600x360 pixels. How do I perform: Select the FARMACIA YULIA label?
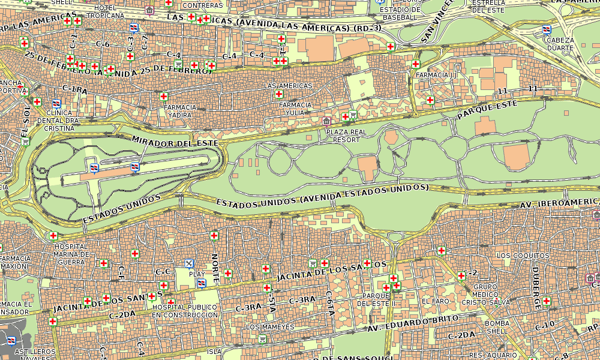[x=295, y=109]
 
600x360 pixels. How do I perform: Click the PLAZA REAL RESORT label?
[x=346, y=135]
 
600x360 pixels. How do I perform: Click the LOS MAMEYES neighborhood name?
[x=271, y=327]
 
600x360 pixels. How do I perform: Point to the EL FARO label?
[x=435, y=301]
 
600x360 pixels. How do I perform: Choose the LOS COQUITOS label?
[x=523, y=256]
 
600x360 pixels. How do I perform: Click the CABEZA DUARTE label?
[x=560, y=44]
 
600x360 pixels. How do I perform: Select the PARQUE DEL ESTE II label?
[x=376, y=299]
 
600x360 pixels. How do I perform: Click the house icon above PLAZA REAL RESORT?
[x=326, y=121]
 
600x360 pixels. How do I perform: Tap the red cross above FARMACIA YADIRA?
[x=163, y=96]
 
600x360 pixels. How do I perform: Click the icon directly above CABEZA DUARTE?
[x=547, y=29]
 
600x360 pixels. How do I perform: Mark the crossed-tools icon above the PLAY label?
[x=190, y=263]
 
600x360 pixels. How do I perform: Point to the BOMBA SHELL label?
[x=497, y=327]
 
